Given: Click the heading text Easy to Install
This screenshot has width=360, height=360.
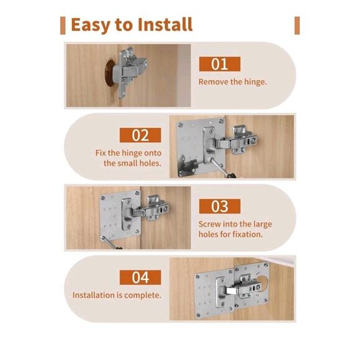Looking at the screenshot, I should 131,25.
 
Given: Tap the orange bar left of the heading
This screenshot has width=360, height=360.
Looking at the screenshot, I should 63,25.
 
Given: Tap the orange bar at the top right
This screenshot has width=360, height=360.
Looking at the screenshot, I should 297,25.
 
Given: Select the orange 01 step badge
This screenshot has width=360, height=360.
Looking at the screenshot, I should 219,64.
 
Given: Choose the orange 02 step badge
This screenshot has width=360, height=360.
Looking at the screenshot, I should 140,135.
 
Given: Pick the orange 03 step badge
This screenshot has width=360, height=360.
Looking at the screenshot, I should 219,206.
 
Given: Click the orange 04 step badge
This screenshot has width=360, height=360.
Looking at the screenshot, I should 140,277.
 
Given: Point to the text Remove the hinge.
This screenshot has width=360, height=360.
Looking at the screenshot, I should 232,82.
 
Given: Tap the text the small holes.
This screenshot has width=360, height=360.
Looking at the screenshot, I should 132,163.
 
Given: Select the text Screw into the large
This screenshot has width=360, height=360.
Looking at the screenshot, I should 235,223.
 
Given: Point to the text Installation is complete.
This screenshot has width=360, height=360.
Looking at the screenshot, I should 117,295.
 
